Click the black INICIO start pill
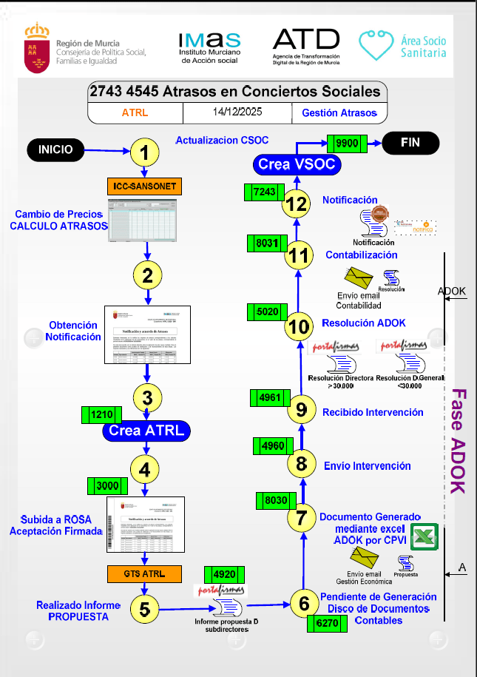(x=61, y=149)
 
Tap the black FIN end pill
(x=410, y=143)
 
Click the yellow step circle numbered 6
(x=304, y=604)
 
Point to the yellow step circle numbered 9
(x=300, y=408)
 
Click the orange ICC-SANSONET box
(x=145, y=186)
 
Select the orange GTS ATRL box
(x=145, y=573)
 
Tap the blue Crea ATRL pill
(x=146, y=430)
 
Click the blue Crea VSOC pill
(x=297, y=164)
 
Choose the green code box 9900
(x=347, y=144)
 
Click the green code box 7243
(x=264, y=192)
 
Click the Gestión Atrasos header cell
(x=339, y=113)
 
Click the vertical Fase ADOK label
(x=458, y=440)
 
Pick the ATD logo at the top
(x=306, y=47)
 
